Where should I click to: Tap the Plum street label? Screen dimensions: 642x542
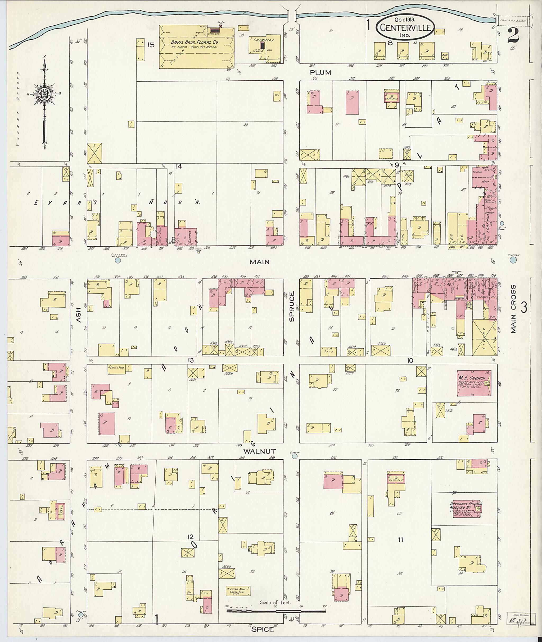click(x=320, y=72)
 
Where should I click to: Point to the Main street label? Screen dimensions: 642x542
click(x=260, y=262)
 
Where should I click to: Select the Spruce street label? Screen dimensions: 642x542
click(x=292, y=306)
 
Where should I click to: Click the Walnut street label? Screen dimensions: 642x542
click(x=260, y=451)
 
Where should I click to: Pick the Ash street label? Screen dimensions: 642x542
click(x=78, y=315)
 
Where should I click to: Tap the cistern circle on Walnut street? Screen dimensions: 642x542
click(x=295, y=456)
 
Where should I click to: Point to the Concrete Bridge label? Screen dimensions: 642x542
click(x=513, y=21)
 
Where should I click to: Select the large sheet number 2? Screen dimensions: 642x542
click(x=513, y=36)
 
